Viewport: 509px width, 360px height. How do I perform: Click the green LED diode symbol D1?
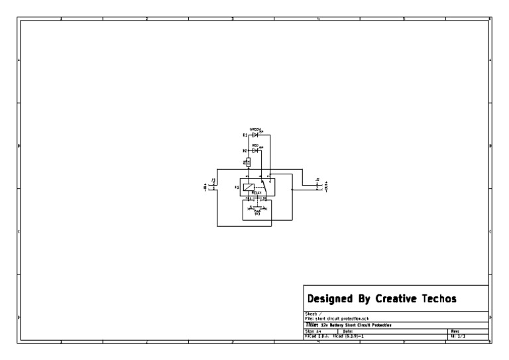pos(255,135)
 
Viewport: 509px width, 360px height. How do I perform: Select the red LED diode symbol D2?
pos(255,150)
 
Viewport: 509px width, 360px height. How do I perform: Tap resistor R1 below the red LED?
pos(249,161)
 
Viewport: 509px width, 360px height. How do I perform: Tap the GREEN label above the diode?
pos(255,129)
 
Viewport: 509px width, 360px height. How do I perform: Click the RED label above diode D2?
pos(255,145)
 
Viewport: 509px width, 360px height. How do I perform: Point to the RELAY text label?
pos(256,193)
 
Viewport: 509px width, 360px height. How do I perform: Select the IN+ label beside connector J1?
pos(205,186)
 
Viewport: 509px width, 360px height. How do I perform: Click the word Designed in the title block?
pos(329,299)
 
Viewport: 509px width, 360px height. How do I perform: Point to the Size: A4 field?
pos(313,331)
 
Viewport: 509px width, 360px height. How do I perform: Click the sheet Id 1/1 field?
pos(458,337)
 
